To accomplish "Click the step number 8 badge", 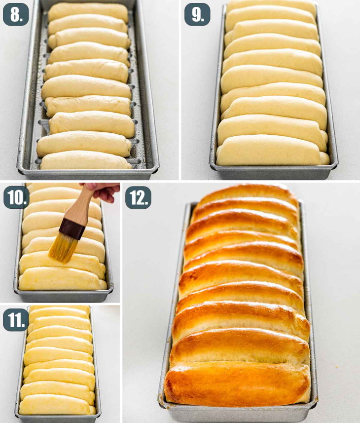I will (16, 14).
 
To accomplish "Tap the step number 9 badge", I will (197, 14).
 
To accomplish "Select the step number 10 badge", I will (16, 197).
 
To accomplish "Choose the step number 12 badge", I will (138, 197).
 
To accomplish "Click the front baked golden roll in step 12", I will (237, 383).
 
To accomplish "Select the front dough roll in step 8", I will (85, 161).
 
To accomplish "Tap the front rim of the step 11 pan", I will (57, 418).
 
